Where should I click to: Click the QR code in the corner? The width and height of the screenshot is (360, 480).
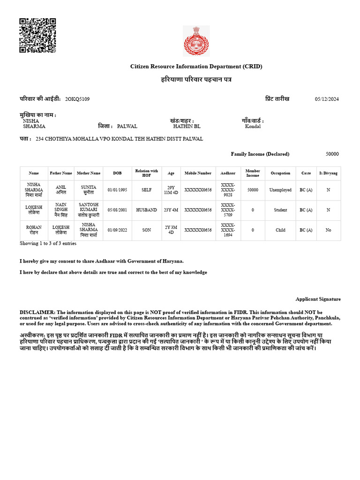click(37, 36)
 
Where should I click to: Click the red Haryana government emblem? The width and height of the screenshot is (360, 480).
click(196, 41)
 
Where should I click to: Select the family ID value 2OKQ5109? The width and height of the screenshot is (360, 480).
click(77, 99)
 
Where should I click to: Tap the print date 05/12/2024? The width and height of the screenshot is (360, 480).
click(326, 99)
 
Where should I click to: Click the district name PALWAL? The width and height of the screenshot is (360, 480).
click(127, 127)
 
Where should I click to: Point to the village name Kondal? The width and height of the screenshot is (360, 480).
click(253, 127)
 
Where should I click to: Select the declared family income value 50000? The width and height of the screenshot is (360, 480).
click(332, 154)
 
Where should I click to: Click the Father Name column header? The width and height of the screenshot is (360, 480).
click(61, 173)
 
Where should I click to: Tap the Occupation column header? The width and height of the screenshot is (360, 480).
click(280, 173)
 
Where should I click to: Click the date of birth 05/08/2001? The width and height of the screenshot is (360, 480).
click(117, 210)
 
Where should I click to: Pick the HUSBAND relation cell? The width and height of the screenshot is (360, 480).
click(146, 210)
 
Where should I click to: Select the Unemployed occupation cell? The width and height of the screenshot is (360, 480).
click(280, 190)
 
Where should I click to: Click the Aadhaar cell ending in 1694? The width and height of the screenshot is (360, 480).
click(228, 230)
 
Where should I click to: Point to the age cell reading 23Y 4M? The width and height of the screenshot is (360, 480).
click(171, 210)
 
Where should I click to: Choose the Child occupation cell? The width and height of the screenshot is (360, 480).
click(280, 230)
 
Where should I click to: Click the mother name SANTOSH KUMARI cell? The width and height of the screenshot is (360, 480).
click(89, 210)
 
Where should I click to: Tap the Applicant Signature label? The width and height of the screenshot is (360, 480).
click(318, 299)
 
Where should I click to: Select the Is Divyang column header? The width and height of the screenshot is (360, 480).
click(328, 173)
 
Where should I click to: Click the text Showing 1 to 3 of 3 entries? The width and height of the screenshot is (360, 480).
click(48, 244)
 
